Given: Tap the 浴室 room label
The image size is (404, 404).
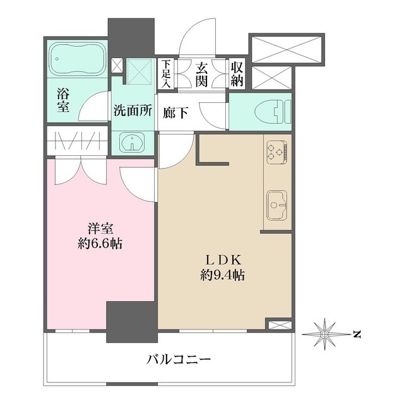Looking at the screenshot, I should tap(64, 102).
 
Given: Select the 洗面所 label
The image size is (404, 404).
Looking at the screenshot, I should tap(133, 110).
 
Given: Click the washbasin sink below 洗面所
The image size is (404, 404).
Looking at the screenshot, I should tap(133, 142).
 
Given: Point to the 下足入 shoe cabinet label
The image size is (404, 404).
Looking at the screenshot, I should tap(165, 73).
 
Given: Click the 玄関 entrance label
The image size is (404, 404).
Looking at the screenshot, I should tap(201, 73).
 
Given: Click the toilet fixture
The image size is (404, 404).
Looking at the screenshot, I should tap(271, 112).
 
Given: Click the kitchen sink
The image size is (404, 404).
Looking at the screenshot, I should tap(276, 205).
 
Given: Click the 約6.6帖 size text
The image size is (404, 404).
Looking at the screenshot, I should tap(100, 244).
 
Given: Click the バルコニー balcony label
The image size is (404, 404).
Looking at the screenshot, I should tap(170, 360).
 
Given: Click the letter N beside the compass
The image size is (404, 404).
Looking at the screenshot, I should tap(357, 332).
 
